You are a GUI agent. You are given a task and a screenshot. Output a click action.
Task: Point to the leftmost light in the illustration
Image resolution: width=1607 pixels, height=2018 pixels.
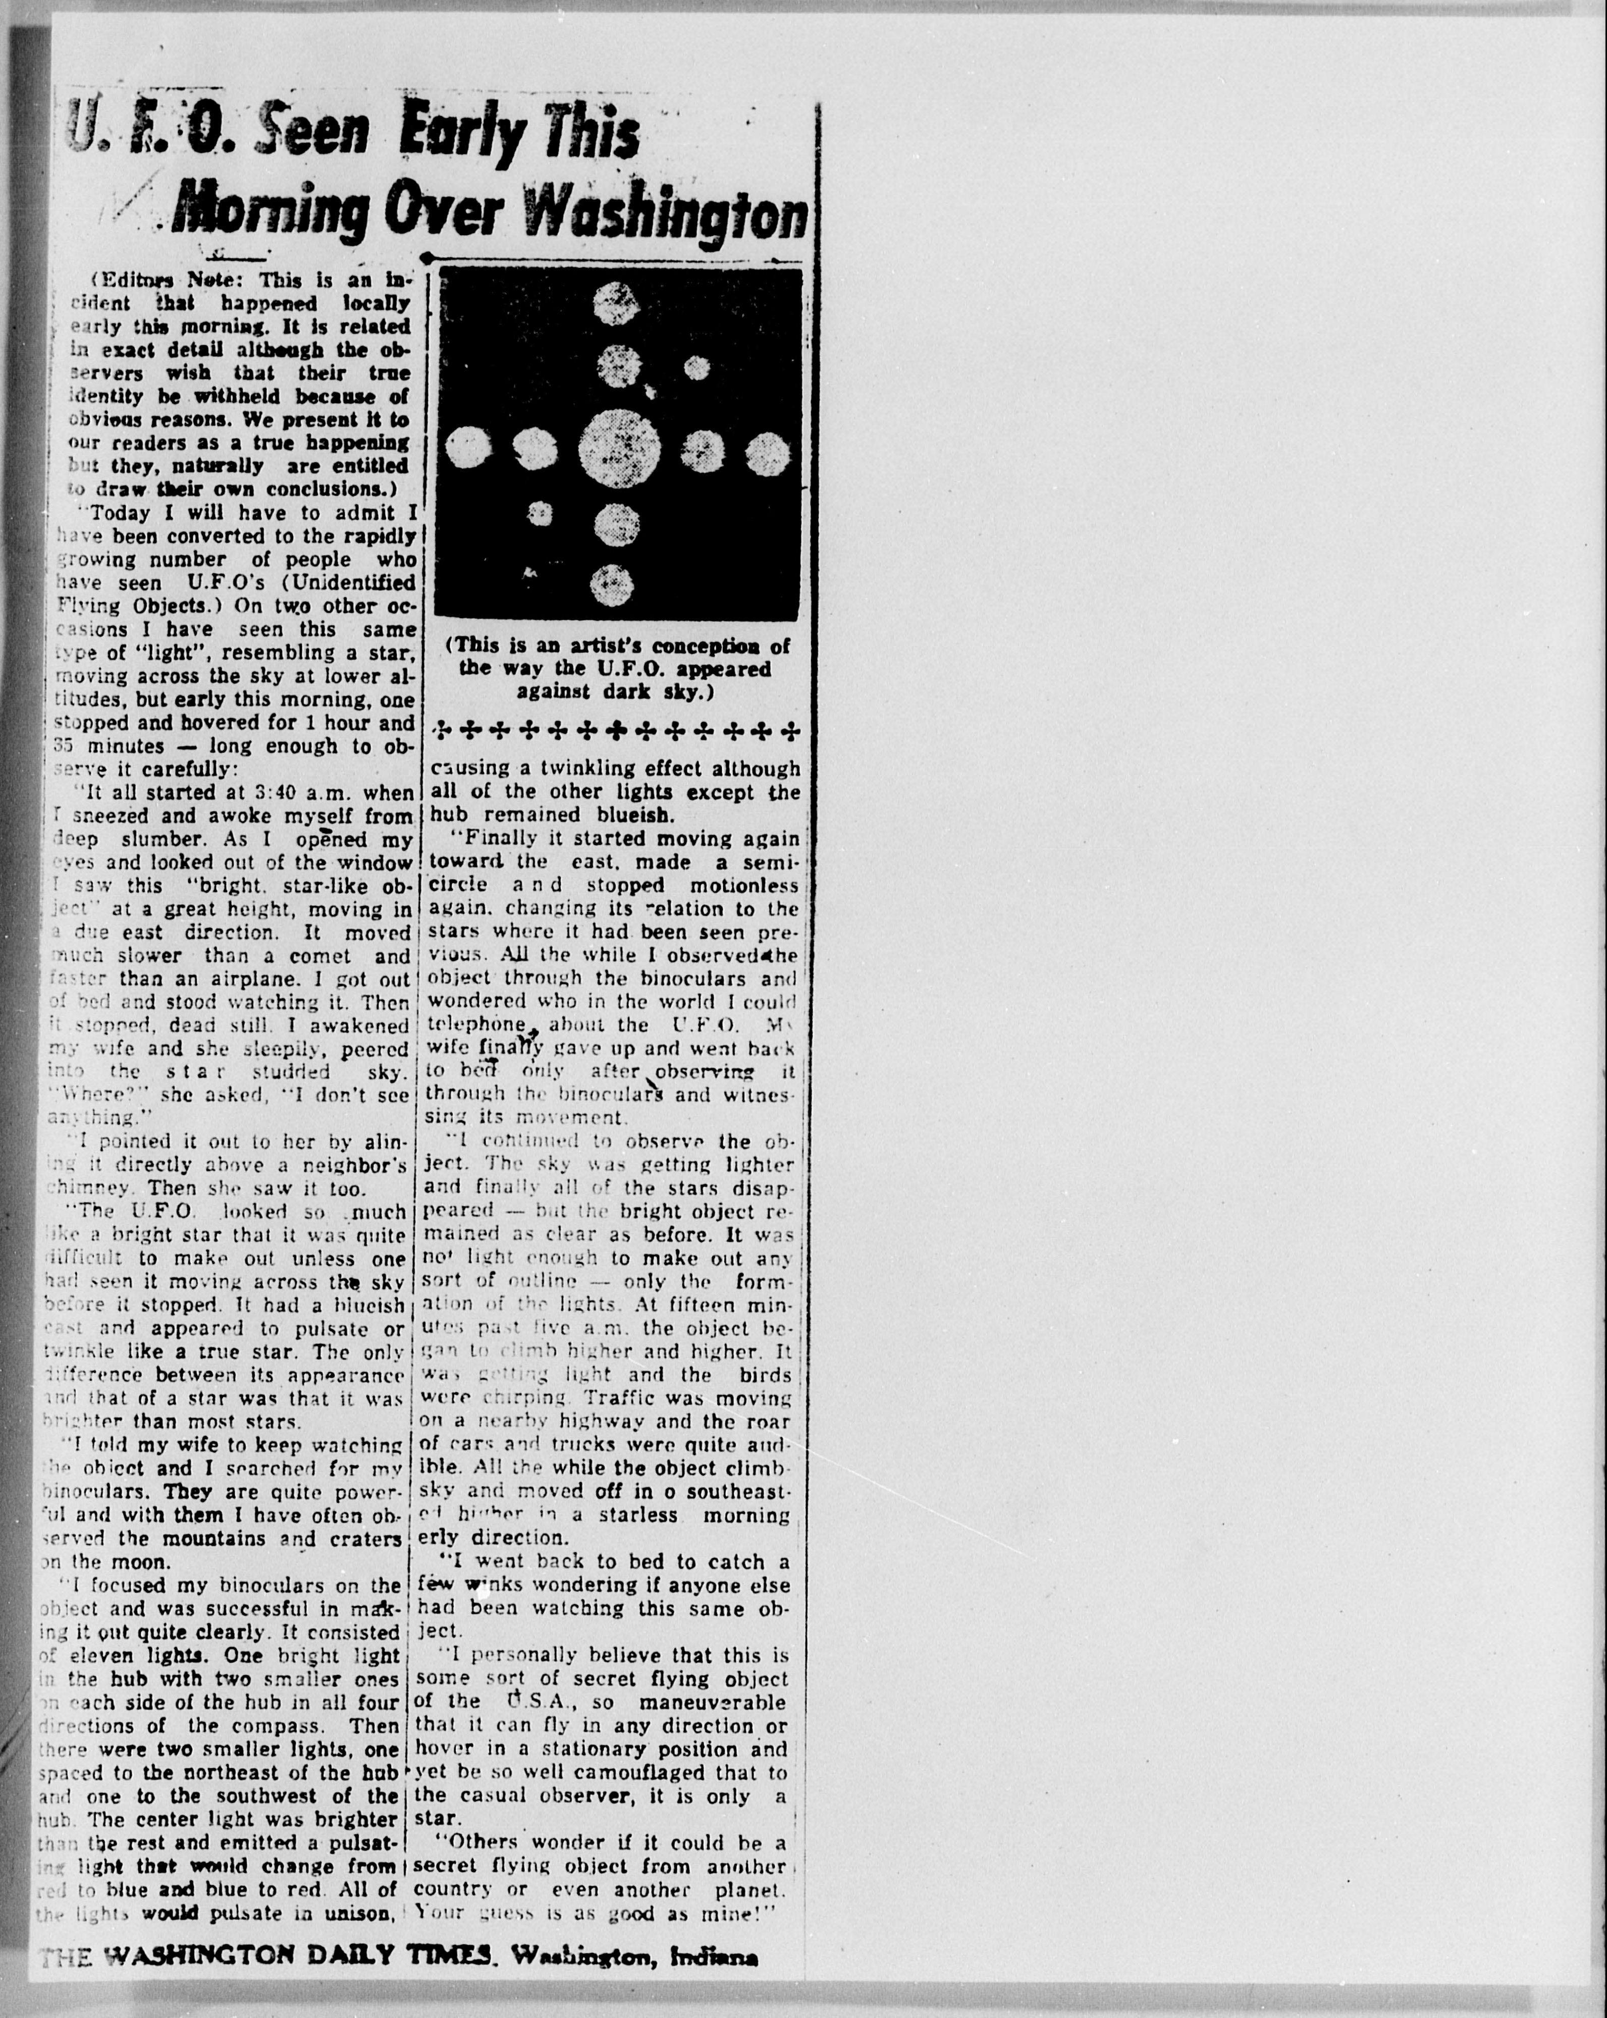[x=468, y=448]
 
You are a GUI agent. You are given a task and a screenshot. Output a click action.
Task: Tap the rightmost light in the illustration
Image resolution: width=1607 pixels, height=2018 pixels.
[x=768, y=453]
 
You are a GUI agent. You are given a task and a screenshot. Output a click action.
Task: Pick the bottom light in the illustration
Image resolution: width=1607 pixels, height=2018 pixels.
[x=614, y=585]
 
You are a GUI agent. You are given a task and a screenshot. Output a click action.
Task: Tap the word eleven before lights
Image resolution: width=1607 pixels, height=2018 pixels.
[x=99, y=1656]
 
